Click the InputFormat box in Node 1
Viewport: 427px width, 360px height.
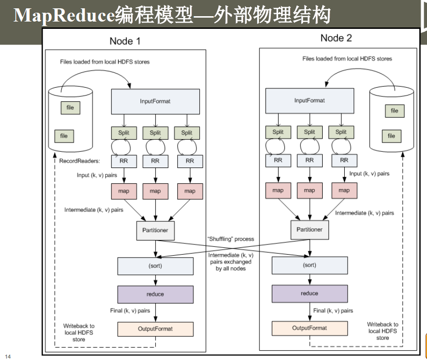(x=155, y=101)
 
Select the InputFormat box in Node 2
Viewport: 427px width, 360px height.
(x=309, y=100)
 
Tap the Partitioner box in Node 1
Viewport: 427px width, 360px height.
(x=155, y=230)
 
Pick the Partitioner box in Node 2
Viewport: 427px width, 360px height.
(x=309, y=229)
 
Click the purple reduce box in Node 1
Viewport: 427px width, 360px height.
(x=155, y=294)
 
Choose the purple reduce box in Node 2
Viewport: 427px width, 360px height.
(x=309, y=293)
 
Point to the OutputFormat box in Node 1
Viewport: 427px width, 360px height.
(x=155, y=329)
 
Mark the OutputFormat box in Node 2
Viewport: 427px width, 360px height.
(x=309, y=328)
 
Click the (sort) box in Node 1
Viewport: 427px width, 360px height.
(x=155, y=266)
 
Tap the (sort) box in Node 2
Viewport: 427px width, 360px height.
(x=309, y=265)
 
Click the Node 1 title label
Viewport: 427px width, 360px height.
(x=125, y=41)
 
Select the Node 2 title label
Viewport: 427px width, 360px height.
(x=336, y=38)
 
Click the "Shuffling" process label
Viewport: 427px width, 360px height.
(x=231, y=239)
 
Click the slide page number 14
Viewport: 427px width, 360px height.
(x=7, y=356)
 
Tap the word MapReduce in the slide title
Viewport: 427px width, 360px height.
(x=64, y=16)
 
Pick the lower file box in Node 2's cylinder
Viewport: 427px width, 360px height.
(x=391, y=136)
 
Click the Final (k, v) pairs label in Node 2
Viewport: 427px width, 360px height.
(x=333, y=311)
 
